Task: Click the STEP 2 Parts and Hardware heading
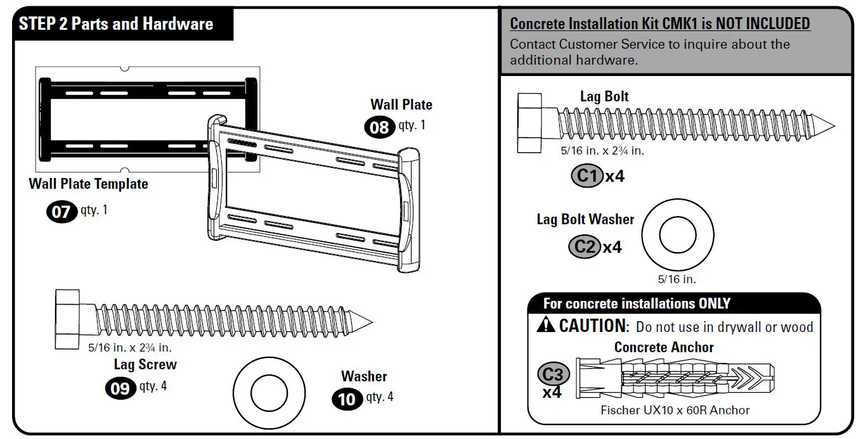pyautogui.click(x=116, y=24)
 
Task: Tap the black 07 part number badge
pyautogui.click(x=61, y=211)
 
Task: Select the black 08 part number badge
pyautogui.click(x=379, y=127)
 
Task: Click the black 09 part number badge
pyautogui.click(x=120, y=388)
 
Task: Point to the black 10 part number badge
pyautogui.click(x=347, y=399)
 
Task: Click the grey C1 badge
pyautogui.click(x=587, y=175)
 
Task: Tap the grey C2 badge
pyautogui.click(x=584, y=246)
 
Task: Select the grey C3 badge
pyautogui.click(x=553, y=374)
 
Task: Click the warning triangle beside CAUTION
pyautogui.click(x=545, y=326)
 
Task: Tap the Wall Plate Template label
pyautogui.click(x=88, y=184)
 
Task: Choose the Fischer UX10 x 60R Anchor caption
pyautogui.click(x=675, y=410)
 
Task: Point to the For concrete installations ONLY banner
pyautogui.click(x=637, y=303)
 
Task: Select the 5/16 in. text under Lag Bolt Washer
pyautogui.click(x=678, y=279)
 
